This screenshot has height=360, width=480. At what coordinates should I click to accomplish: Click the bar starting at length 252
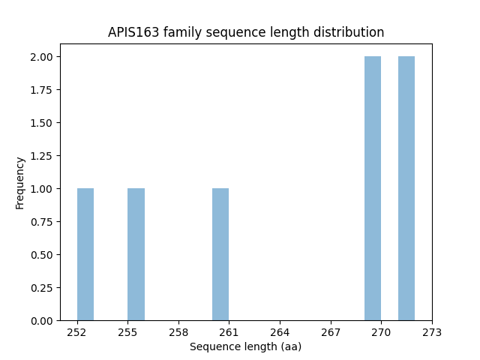[x=85, y=254]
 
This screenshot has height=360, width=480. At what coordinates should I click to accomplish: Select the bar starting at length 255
[x=136, y=254]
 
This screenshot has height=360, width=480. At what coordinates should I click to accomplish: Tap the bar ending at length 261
[x=220, y=254]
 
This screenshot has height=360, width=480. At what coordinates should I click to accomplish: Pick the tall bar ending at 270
[x=373, y=188]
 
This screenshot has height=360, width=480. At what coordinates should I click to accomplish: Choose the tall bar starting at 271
[x=406, y=188]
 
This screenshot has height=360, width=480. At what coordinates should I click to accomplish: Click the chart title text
[x=246, y=32]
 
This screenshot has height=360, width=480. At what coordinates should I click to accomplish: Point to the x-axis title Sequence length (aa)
[x=245, y=346]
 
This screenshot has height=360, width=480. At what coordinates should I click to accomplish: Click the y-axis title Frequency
[x=20, y=182]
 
